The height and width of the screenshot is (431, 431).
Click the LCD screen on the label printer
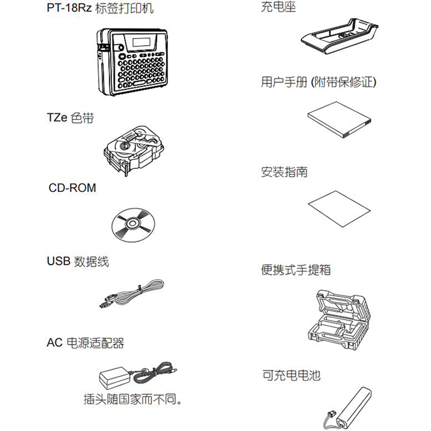[x=141, y=43]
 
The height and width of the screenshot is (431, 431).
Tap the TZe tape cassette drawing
[x=134, y=151]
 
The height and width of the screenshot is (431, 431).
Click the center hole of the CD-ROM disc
[x=133, y=224]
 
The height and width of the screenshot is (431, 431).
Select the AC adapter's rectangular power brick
[x=115, y=378]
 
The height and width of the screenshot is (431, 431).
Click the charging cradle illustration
[x=339, y=36]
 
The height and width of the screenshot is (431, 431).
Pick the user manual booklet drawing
[x=339, y=120]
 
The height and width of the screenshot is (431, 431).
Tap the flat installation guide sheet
[x=339, y=209]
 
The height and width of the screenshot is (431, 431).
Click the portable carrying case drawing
[x=339, y=319]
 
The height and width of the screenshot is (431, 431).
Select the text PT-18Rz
[x=69, y=8]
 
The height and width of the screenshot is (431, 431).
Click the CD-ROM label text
[x=72, y=187]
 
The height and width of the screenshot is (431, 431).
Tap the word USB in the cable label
[x=59, y=261]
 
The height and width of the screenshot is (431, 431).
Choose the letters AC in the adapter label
[x=55, y=343]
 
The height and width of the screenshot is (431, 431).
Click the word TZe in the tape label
[x=57, y=117]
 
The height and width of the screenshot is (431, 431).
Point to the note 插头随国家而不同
[x=133, y=399]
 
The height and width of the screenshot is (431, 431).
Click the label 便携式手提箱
[x=296, y=270]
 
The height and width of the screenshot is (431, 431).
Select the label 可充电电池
[x=291, y=375]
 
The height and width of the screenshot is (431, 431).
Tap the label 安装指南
[x=284, y=172]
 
